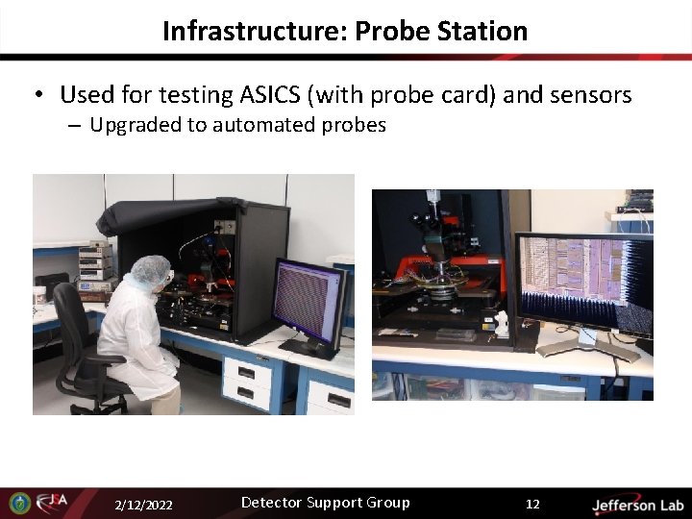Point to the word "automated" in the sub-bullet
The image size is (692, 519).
coord(262,125)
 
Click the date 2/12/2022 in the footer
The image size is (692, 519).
coord(144,505)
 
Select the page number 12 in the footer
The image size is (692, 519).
coord(532,504)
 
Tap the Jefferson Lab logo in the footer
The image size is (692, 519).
coord(636,505)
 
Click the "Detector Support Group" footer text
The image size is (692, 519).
coord(325,503)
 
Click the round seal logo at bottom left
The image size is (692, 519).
coord(18,503)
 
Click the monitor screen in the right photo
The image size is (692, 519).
coord(585,284)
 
